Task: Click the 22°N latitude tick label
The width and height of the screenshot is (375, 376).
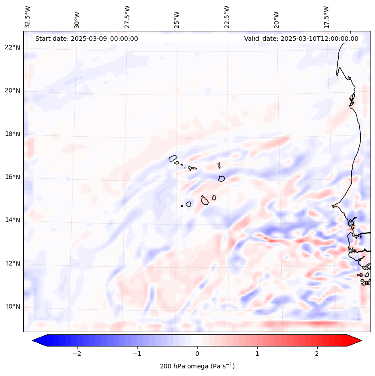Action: (x=13, y=48)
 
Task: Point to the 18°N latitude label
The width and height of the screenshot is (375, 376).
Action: (x=13, y=134)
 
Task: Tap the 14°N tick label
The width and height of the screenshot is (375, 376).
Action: (x=13, y=220)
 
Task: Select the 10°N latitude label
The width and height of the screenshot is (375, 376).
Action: (x=13, y=307)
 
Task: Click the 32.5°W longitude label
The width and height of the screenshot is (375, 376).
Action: (x=28, y=17)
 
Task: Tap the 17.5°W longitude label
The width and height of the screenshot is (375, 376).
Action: (x=326, y=17)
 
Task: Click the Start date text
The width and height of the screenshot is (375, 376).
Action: (x=86, y=39)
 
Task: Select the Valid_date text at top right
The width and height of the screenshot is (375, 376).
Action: (x=301, y=39)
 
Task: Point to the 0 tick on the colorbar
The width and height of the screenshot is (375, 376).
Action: (x=197, y=353)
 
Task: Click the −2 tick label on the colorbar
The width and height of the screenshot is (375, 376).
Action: (x=77, y=353)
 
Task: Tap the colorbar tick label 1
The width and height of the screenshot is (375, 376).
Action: (x=257, y=353)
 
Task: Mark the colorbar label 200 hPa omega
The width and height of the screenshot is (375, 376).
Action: (x=197, y=366)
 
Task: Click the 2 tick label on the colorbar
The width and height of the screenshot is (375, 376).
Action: (x=317, y=353)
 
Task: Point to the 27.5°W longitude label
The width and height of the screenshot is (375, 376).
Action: (x=127, y=17)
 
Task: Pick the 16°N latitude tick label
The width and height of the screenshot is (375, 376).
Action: (x=13, y=177)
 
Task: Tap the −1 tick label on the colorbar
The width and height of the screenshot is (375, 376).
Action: (x=137, y=353)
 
